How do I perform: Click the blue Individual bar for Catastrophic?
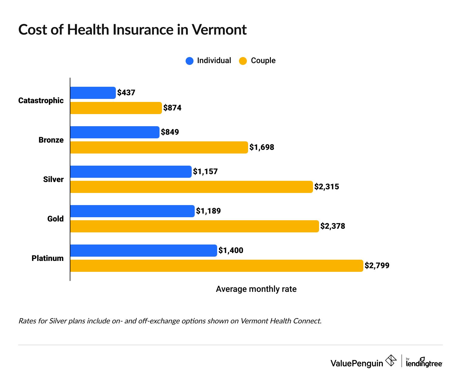point(93,93)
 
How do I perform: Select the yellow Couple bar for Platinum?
point(217,266)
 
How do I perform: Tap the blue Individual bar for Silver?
point(131,172)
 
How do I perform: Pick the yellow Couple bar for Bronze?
point(159,147)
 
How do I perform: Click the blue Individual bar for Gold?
point(132,211)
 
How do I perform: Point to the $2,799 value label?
point(377,266)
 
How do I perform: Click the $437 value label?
point(126,93)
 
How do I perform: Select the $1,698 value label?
point(262,147)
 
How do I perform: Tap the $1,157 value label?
point(205,172)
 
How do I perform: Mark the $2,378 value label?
point(333,226)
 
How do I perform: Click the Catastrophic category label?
point(41,101)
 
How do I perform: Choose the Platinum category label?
point(48,258)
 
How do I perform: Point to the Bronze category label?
point(51,140)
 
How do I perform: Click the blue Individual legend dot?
point(190,61)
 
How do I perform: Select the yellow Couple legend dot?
point(243,61)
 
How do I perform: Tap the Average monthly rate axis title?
point(256,289)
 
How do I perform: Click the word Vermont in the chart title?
point(219,30)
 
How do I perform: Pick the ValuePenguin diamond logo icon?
point(391,361)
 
